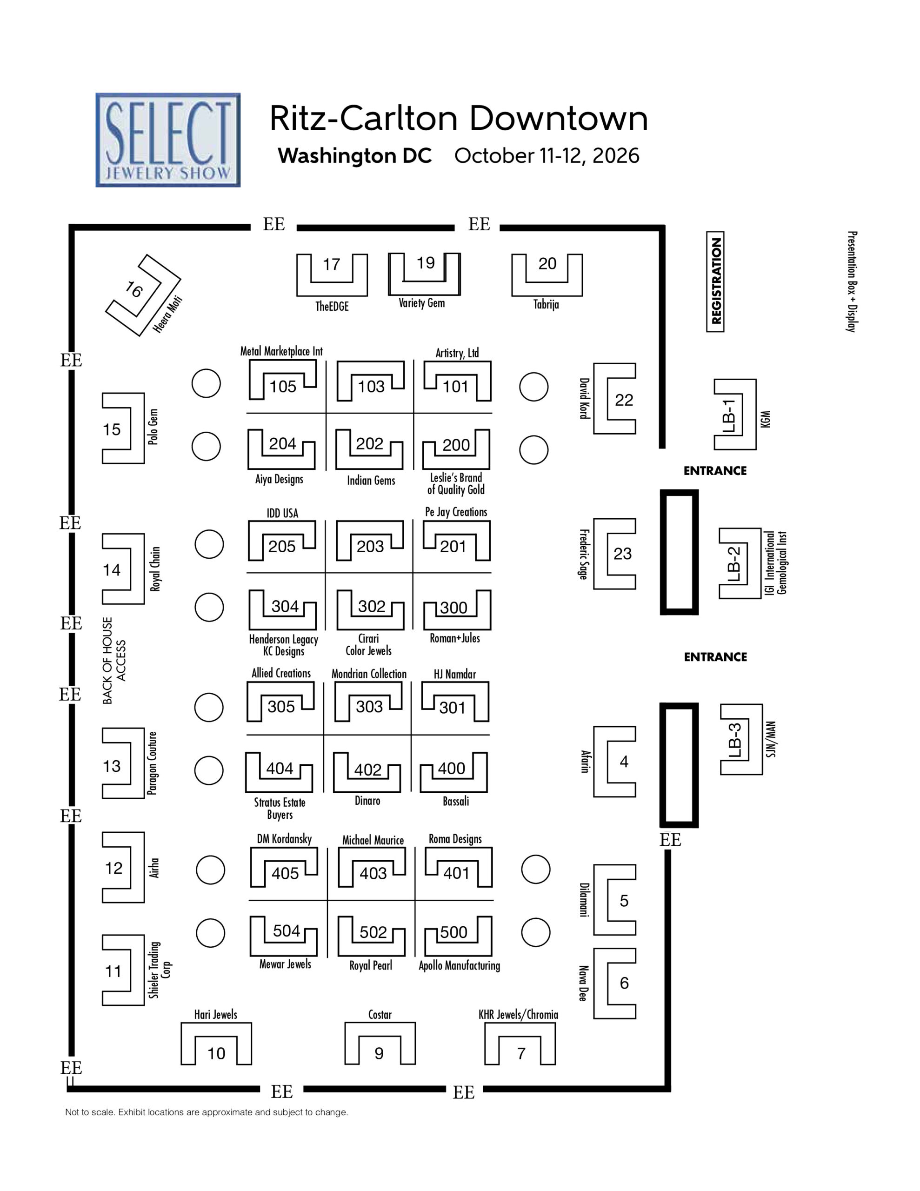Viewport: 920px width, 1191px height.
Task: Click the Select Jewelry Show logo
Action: click(x=168, y=140)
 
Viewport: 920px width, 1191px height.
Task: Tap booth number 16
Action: click(x=133, y=289)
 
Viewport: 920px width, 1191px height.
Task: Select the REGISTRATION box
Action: click(x=715, y=281)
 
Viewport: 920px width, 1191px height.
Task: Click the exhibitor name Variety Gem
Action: click(x=421, y=303)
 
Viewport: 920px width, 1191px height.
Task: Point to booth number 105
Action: click(x=282, y=387)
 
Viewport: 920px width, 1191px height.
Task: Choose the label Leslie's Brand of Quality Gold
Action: click(x=456, y=484)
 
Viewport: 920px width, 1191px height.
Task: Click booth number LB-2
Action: click(x=734, y=564)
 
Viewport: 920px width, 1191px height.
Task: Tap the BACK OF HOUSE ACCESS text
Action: click(x=114, y=660)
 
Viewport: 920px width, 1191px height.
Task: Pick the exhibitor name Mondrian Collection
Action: click(x=369, y=674)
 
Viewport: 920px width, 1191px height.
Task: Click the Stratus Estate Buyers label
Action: click(x=280, y=809)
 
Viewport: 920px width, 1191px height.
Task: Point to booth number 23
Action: click(x=622, y=554)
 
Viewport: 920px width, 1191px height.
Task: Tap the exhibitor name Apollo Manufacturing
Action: click(x=459, y=966)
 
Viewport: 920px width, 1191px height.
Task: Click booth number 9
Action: click(x=379, y=1054)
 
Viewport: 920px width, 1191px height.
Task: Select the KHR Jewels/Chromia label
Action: click(x=518, y=1015)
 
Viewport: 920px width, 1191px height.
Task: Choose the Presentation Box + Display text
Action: click(x=851, y=281)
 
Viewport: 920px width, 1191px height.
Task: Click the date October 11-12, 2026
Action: click(x=547, y=156)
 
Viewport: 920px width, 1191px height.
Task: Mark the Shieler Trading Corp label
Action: click(x=160, y=970)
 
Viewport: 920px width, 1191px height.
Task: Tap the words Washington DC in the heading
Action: click(x=354, y=156)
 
